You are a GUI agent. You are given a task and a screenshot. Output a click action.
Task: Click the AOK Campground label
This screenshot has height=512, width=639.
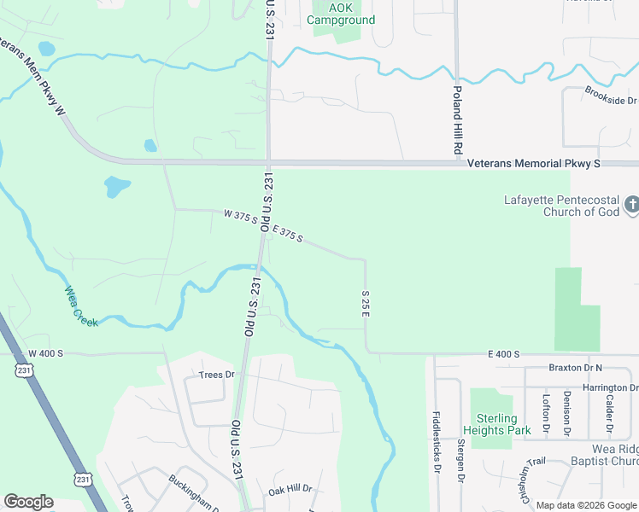340,13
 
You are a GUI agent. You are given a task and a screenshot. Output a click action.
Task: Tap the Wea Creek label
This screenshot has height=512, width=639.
81,306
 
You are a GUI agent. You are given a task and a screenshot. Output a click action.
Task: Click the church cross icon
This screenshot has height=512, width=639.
631,205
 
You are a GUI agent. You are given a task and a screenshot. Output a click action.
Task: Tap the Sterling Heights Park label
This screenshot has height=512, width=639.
490,424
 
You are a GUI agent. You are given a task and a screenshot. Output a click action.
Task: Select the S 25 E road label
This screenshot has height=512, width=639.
364,304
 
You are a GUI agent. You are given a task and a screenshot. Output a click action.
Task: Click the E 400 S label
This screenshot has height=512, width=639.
504,353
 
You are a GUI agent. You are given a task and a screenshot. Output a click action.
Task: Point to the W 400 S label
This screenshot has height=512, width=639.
47,353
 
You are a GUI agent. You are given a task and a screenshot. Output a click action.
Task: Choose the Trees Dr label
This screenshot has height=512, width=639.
215,375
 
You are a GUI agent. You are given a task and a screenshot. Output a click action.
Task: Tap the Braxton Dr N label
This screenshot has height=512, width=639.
576,368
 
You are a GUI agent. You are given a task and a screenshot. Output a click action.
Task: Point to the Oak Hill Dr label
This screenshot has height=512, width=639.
290,491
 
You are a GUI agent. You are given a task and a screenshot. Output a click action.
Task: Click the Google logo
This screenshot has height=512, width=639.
28,502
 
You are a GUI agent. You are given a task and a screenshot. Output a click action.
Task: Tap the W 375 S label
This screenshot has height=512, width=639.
240,218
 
